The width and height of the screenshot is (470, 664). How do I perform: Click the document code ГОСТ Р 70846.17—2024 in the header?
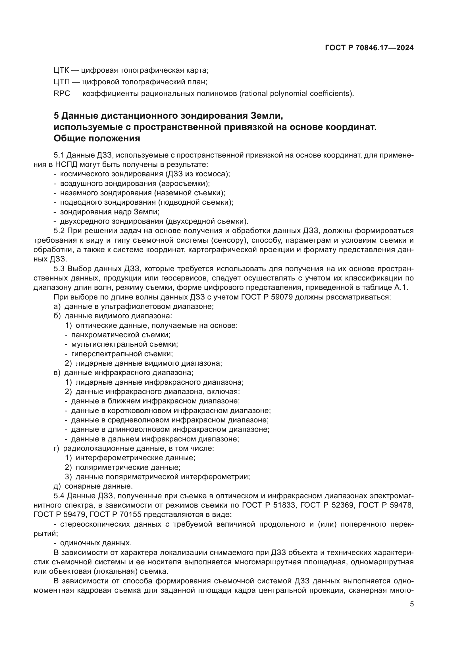[x=369, y=48]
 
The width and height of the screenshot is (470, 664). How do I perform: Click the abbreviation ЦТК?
[x=62, y=70]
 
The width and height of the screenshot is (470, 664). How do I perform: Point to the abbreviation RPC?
[x=62, y=94]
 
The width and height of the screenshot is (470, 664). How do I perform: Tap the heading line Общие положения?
[x=97, y=139]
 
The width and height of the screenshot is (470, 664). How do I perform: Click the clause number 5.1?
[x=59, y=155]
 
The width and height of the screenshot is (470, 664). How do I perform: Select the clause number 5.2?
[x=59, y=231]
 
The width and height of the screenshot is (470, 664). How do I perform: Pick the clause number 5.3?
[x=59, y=269]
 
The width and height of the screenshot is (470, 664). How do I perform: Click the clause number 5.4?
[x=59, y=496]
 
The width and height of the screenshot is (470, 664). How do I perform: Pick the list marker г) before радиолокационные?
[x=57, y=449]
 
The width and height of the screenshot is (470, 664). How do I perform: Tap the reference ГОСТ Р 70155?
[x=115, y=515]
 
